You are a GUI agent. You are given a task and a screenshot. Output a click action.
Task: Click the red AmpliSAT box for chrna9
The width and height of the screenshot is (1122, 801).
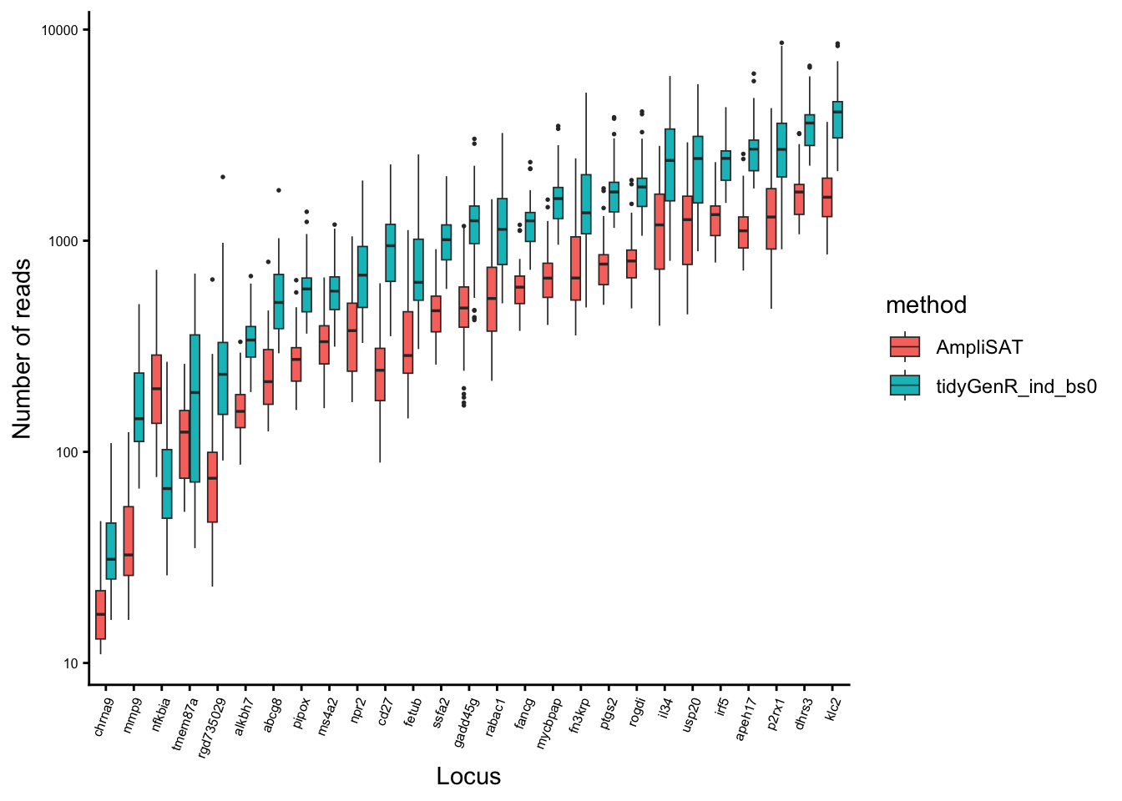[101, 615]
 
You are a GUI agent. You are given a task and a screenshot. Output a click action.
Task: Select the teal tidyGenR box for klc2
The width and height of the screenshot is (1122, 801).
[837, 120]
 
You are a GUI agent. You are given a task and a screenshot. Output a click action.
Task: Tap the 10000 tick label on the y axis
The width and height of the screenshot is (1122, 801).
[59, 30]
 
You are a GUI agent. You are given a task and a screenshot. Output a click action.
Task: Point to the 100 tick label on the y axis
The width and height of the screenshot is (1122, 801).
[66, 452]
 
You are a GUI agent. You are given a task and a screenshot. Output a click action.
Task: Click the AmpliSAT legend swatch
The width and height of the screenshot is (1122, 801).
[905, 347]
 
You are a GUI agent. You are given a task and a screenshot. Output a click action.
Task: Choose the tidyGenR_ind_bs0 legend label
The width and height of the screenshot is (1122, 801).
[1016, 385]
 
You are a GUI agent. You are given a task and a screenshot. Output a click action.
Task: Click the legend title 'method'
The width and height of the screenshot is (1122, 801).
[926, 305]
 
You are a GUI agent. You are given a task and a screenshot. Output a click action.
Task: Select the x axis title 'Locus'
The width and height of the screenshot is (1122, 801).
[468, 776]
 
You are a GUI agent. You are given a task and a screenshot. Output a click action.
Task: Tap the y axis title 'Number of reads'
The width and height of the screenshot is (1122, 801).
[22, 348]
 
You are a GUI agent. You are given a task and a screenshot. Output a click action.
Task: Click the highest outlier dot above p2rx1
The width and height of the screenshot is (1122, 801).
[781, 43]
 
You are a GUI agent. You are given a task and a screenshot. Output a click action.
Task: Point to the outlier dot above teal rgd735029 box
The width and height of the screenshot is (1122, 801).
[223, 177]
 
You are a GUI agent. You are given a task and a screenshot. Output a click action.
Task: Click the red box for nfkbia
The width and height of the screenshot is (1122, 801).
[156, 389]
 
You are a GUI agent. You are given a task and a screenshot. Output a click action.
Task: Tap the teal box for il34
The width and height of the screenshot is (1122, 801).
[670, 164]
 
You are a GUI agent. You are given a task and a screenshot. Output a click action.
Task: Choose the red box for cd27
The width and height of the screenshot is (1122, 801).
[380, 374]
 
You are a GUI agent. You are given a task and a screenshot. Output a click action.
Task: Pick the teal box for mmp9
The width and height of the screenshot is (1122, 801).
[139, 407]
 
